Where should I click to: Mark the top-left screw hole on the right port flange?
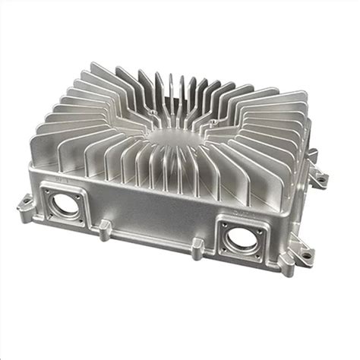pyautogui.click(x=223, y=225)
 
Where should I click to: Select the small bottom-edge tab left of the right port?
pyautogui.click(x=196, y=245)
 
